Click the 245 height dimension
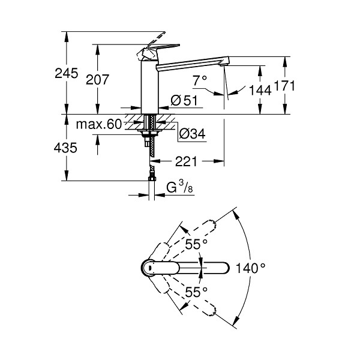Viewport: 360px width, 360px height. tap(67, 74)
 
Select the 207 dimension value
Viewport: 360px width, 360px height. tap(97, 80)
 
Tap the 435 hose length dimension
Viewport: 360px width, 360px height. tap(65, 148)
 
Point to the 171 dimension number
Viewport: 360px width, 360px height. tap(284, 86)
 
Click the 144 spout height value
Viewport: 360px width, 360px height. tap(260, 90)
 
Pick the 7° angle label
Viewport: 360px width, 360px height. tap(200, 80)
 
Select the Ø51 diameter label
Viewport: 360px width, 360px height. tap(184, 101)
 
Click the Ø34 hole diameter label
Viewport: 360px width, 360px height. tap(193, 134)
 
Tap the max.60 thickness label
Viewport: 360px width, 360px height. tap(99, 124)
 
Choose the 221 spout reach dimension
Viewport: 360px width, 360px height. tap(186, 161)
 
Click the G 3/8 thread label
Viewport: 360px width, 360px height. tap(179, 187)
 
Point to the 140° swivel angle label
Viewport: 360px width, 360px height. tap(250, 268)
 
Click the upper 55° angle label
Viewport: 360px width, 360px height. tap(196, 244)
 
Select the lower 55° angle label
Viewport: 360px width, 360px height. tap(196, 292)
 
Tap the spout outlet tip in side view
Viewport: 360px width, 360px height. tap(224, 65)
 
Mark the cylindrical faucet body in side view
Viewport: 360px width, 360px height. tap(149, 87)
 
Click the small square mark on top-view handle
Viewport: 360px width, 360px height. tap(149, 268)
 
